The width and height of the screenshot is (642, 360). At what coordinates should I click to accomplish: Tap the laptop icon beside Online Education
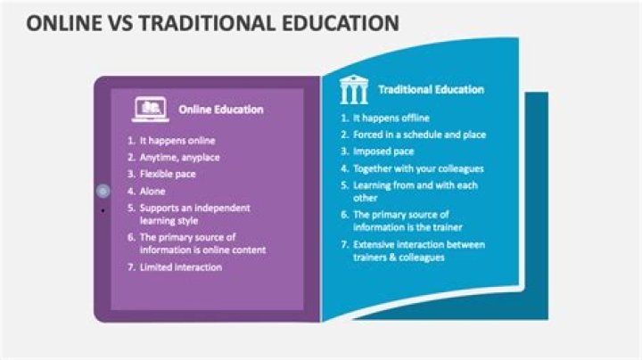[x=151, y=110]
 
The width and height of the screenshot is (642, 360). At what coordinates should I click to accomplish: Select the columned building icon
[x=353, y=89]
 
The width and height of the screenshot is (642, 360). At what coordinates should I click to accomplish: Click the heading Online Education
[x=220, y=110]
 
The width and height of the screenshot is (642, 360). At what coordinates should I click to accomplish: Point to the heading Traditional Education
[x=431, y=89]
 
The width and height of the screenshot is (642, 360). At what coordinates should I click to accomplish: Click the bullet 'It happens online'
[x=177, y=140]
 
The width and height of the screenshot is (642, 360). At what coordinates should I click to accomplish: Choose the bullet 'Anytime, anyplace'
[x=179, y=157]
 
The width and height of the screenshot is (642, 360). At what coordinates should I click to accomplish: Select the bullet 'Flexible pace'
[x=168, y=174]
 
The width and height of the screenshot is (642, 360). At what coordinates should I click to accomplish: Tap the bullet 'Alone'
[x=152, y=191]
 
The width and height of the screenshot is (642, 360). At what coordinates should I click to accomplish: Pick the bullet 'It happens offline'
[x=391, y=118]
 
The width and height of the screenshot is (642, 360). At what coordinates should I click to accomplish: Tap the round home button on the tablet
[x=103, y=191]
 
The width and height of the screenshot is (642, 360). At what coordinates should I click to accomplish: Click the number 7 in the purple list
[x=130, y=267]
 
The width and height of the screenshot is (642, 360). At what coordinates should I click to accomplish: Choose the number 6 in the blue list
[x=344, y=215]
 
